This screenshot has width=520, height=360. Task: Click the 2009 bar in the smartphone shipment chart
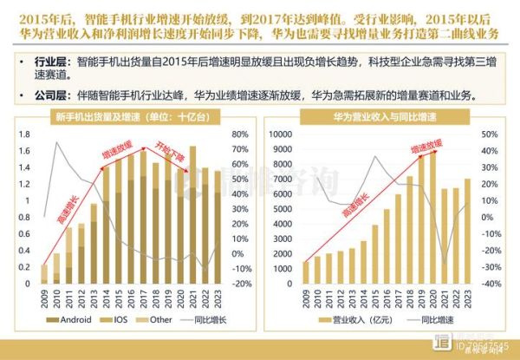pyautogui.click(x=44, y=274)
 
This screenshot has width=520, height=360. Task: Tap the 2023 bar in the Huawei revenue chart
pyautogui.click(x=469, y=231)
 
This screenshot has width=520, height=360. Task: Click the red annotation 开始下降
pyautogui.click(x=170, y=148)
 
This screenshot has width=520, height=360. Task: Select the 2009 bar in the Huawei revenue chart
pyautogui.click(x=306, y=272)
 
